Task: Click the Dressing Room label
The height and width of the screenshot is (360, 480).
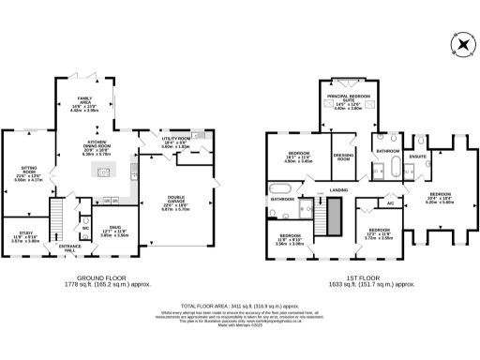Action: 343,158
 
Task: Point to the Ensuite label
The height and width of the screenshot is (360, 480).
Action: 419,157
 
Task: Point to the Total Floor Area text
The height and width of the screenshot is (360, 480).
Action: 240,306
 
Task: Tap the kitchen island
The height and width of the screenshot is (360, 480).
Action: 106,172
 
